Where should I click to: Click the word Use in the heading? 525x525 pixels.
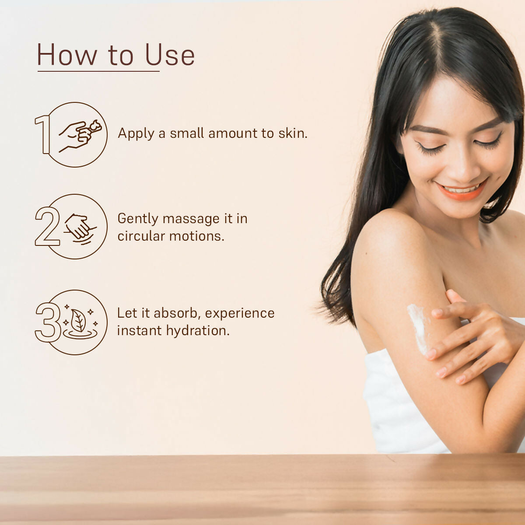(x=170, y=55)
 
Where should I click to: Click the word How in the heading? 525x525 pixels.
(x=67, y=55)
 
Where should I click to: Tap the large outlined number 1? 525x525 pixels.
(x=43, y=134)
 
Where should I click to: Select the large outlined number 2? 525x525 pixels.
(x=47, y=226)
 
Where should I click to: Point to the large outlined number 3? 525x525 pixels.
(x=48, y=322)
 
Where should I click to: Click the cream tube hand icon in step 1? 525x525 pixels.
(x=80, y=135)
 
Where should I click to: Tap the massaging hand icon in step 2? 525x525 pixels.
(x=80, y=228)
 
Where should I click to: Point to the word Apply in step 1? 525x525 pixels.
(x=136, y=134)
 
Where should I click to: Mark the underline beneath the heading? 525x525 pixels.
(x=98, y=71)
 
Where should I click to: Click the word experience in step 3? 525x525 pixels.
(x=240, y=314)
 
